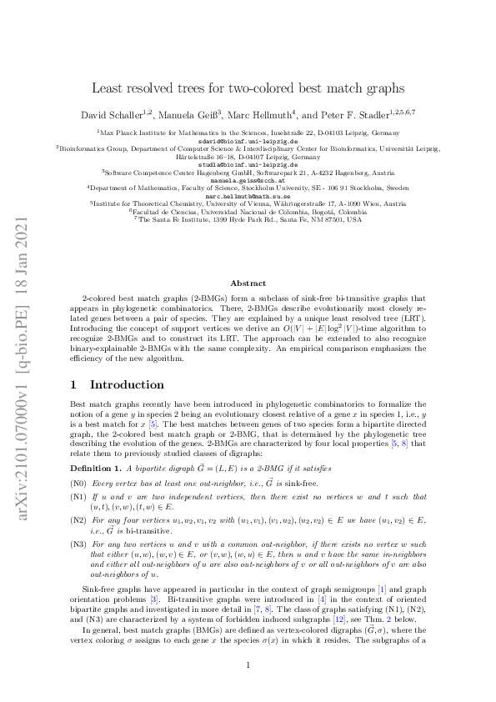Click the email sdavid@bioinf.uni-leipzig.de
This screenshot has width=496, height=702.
(248, 140)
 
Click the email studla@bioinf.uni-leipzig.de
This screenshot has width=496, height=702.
(248, 164)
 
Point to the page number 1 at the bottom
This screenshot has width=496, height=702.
(248, 664)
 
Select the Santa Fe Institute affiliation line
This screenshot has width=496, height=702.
(248, 220)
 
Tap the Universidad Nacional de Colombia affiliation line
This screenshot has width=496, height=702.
(248, 212)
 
